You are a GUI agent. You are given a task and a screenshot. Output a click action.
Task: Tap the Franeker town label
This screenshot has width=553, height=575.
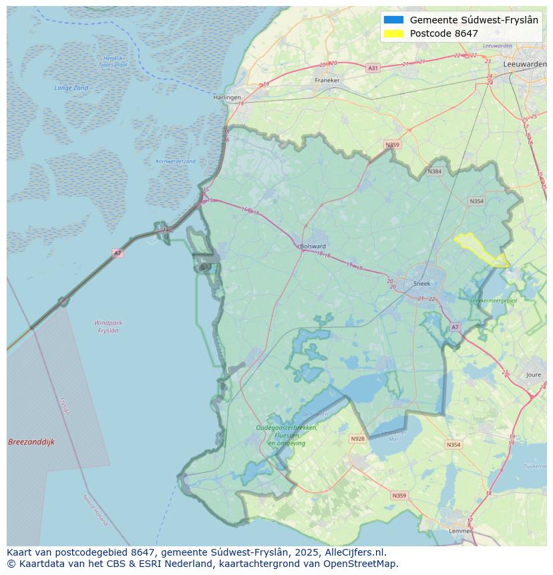tap(327, 80)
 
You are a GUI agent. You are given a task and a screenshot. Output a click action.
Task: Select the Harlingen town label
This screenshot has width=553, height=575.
tap(227, 98)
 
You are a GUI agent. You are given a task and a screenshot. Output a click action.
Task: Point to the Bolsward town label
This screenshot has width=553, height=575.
tap(313, 246)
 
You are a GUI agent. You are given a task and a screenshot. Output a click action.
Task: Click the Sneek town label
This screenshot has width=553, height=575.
tap(422, 284)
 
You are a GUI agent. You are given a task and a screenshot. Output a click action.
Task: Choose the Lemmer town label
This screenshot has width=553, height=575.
tap(460, 531)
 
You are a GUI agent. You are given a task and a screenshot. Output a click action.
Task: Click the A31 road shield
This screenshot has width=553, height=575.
tap(373, 68)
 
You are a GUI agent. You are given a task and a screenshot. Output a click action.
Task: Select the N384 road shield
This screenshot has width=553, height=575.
tap(434, 172)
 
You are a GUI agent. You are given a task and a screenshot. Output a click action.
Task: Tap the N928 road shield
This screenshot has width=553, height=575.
tap(358, 439)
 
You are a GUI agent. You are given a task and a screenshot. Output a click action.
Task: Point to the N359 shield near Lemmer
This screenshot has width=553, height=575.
tap(399, 496)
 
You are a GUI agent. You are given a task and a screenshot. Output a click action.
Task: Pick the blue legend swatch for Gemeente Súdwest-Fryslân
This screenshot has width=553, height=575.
tap(393, 20)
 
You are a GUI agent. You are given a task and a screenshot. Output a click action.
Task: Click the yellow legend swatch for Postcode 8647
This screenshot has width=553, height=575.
tap(393, 33)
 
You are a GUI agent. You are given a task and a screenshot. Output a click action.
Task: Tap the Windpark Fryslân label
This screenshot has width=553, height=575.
tap(108, 327)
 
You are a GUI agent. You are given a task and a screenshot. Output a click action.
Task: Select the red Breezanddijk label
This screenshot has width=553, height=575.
tap(31, 442)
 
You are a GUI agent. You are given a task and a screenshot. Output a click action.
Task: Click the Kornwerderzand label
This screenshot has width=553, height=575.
tap(176, 161)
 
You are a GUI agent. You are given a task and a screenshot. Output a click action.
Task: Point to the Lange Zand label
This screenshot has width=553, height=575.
tap(71, 87)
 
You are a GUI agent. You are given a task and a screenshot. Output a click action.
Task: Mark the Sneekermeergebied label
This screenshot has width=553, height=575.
tap(493, 301)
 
